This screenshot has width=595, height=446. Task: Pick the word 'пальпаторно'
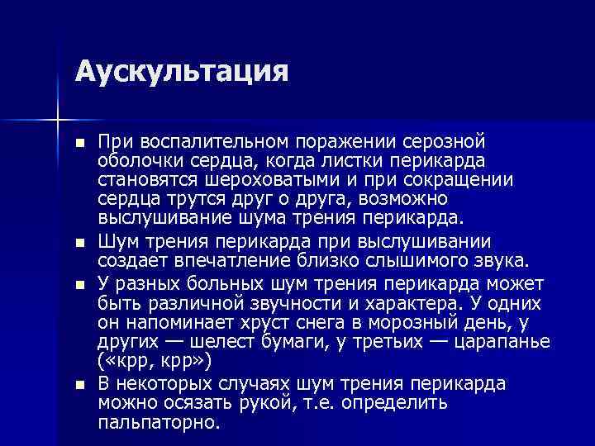157,422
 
